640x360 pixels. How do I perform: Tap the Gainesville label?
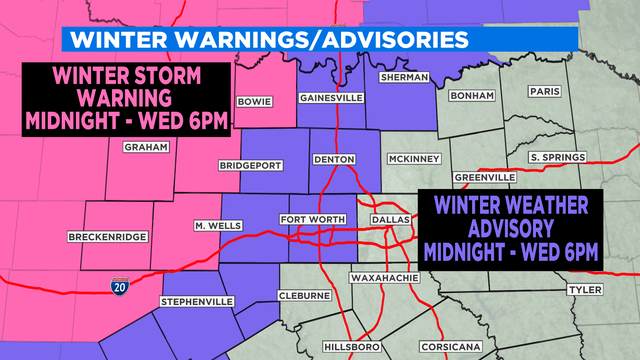coord(326,98)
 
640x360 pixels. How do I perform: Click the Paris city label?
coord(545,90)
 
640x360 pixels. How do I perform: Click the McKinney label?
coord(409,159)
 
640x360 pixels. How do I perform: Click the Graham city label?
coord(139,147)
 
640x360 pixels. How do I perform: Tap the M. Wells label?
coord(218,226)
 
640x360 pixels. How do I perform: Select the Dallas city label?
coord(384,220)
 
